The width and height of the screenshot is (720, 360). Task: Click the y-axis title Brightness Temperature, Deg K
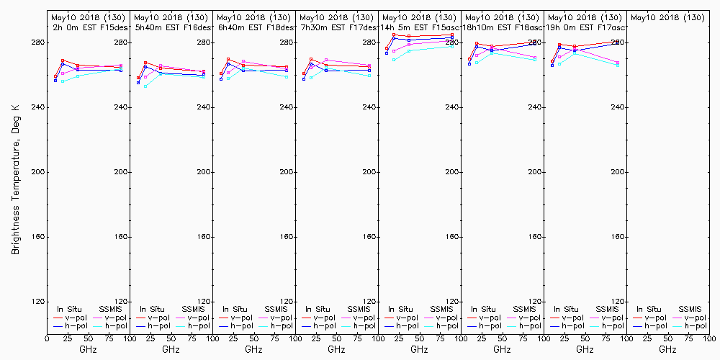(x=14, y=173)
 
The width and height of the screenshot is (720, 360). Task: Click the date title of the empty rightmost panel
(x=667, y=17)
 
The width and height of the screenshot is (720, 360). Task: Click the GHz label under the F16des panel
(x=171, y=349)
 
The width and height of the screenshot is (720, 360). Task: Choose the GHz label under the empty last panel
(x=667, y=349)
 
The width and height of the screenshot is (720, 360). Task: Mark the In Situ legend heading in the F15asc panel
(x=400, y=309)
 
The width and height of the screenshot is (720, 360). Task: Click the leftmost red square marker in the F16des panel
(x=138, y=78)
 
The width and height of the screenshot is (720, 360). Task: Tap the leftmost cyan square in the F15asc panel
(x=394, y=60)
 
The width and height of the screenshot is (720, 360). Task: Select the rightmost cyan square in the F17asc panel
(x=618, y=66)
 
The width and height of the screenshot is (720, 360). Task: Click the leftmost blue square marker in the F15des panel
(x=55, y=81)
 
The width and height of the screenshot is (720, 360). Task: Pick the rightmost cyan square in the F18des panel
(x=287, y=76)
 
